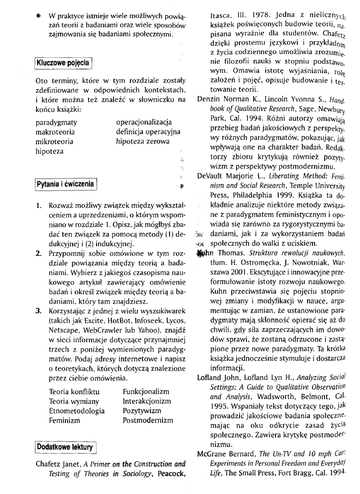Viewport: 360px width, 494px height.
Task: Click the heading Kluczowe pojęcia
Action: click(63, 63)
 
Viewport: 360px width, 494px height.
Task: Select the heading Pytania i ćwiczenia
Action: click(65, 184)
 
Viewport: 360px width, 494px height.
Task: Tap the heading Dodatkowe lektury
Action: click(64, 447)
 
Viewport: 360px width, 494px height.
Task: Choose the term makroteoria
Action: click(55, 132)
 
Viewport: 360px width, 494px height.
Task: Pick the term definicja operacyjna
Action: click(148, 132)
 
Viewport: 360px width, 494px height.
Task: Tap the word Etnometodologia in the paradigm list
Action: click(76, 410)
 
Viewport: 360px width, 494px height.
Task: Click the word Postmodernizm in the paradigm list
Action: click(147, 420)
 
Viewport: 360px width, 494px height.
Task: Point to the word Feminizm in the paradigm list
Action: click(64, 420)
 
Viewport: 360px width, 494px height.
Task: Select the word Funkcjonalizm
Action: click(146, 391)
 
